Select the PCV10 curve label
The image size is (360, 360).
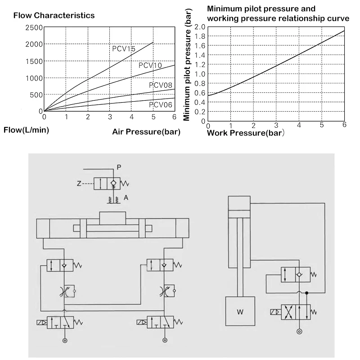pos(150,65)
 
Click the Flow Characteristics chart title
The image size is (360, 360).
pos(54,15)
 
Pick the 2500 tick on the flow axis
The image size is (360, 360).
pos(35,28)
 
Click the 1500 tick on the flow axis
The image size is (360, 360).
pos(35,61)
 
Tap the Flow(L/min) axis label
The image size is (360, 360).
pos(26,130)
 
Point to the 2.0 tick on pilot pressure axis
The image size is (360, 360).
pos(200,27)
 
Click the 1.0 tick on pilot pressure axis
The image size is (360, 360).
pos(200,74)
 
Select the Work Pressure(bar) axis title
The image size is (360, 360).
pos(246,133)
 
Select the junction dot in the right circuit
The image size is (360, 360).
pos(306,293)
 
